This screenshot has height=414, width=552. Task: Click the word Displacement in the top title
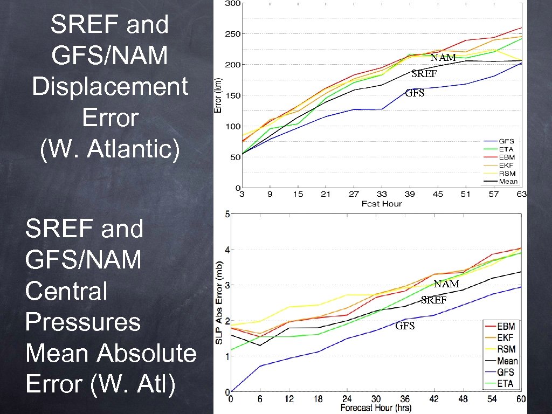point(110,87)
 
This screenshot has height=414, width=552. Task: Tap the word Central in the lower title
point(66,291)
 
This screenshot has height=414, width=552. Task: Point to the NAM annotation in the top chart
point(443,57)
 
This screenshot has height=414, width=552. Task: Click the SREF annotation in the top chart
point(424,73)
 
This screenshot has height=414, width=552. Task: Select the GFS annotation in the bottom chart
point(405,326)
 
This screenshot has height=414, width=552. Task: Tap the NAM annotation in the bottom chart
point(446,284)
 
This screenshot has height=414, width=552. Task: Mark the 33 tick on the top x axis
point(382,195)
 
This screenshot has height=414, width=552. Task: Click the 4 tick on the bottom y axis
point(227,250)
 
